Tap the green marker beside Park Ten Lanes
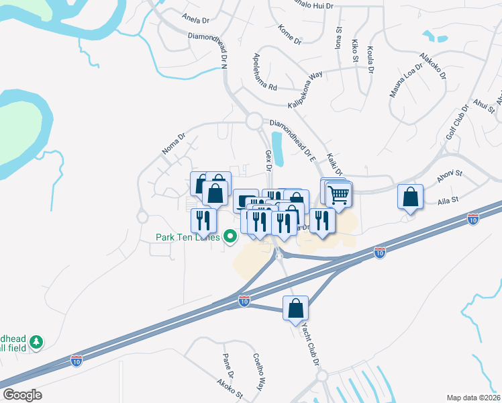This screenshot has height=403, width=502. pos(230,236)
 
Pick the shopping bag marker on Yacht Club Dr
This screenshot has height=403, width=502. pos(295,309)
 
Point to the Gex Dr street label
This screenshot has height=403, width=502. pos(267,161)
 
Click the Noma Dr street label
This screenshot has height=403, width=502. pos(174,142)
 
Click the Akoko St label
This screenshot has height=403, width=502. pos(229,390)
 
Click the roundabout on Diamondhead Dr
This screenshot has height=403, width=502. pos(254,121)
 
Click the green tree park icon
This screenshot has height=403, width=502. pos(36,343)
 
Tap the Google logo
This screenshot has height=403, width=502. pos(22,395)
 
